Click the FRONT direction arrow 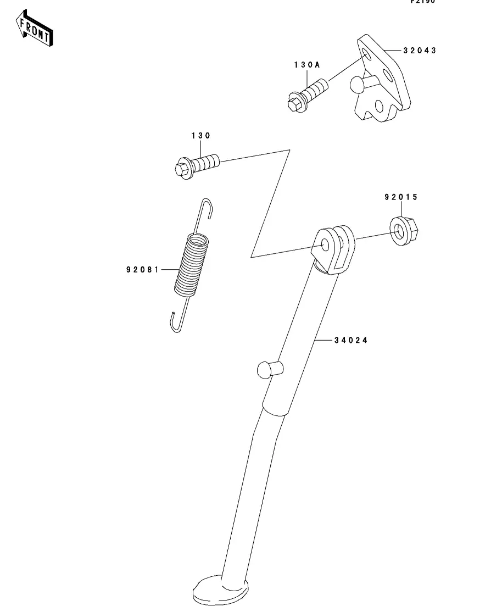(x=35, y=31)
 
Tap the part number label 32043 (x=420, y=51)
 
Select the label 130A (x=306, y=65)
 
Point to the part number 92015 (x=401, y=197)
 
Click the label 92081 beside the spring (x=142, y=270)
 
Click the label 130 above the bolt (x=200, y=136)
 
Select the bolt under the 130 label (x=197, y=164)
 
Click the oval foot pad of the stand (x=220, y=588)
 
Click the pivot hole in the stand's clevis (x=325, y=244)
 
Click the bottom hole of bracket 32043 (x=379, y=106)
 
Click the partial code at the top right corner (x=422, y=2)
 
